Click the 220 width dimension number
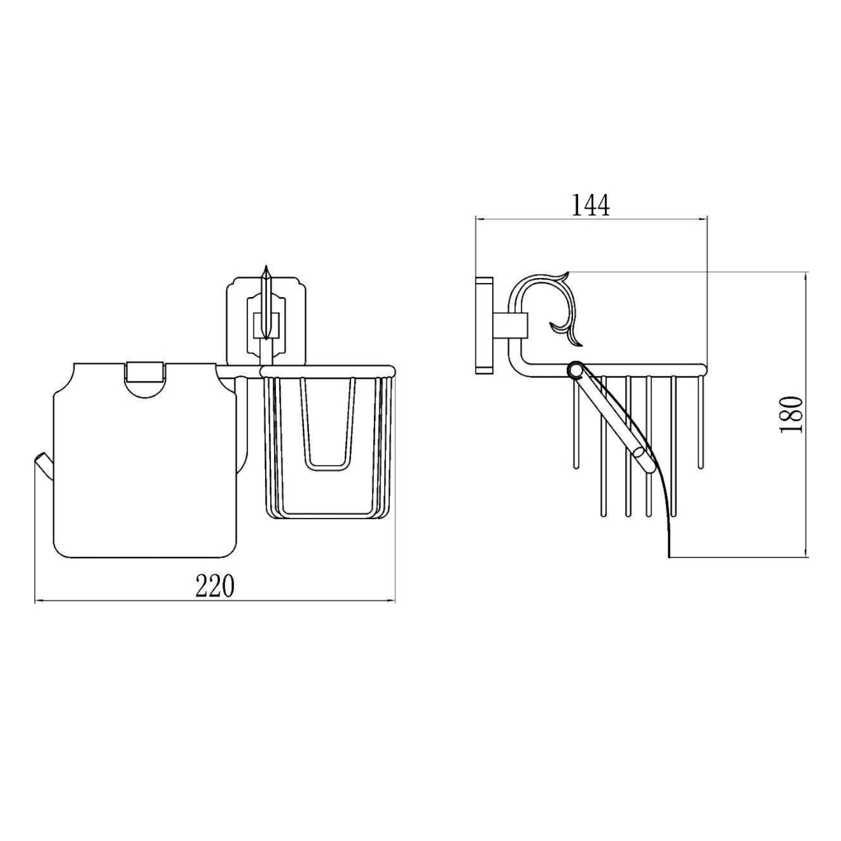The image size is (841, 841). [214, 587]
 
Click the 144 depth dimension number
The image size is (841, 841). [590, 206]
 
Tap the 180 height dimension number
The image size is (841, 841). [791, 414]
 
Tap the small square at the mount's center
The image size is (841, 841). [266, 325]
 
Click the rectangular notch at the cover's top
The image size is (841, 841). [145, 372]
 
